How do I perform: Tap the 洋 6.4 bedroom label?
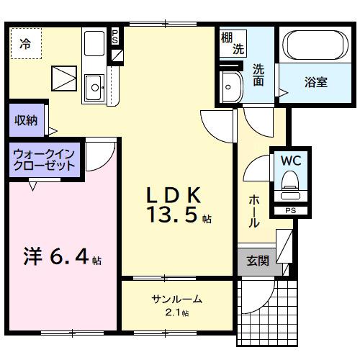(x=60, y=256)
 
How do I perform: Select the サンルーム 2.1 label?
(x=176, y=303)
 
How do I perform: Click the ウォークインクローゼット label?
(x=45, y=159)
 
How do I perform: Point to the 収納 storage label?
(x=24, y=120)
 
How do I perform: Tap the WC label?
(x=290, y=159)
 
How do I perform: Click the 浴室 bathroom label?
(x=315, y=81)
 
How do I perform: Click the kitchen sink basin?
(x=94, y=89)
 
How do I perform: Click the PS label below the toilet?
(x=290, y=210)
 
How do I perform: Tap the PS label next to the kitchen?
(x=115, y=36)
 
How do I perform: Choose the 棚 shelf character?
(x=227, y=36)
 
